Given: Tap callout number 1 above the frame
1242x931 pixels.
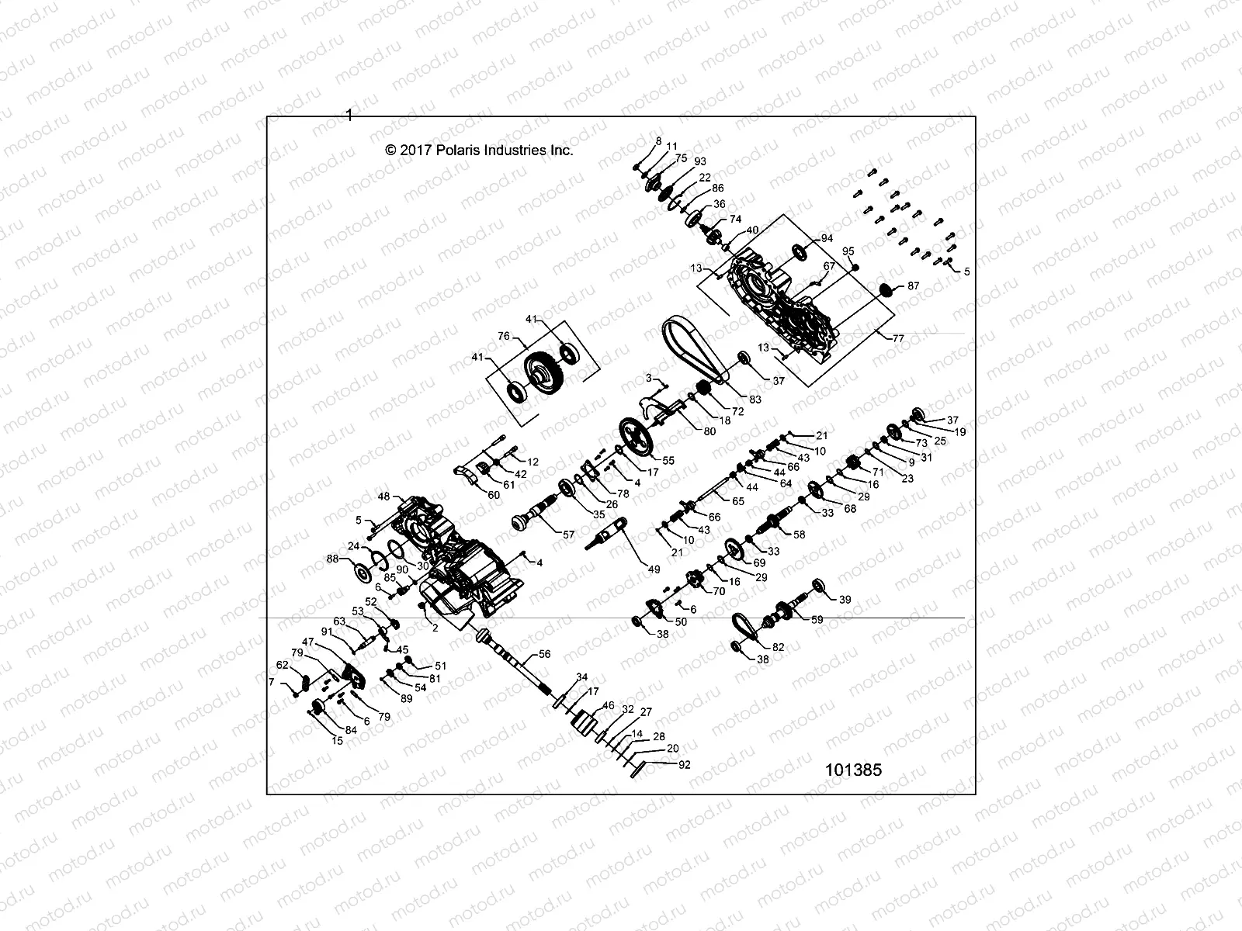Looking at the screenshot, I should [349, 115].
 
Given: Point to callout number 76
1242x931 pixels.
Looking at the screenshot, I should [503, 336].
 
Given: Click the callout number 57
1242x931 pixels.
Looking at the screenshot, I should [569, 535].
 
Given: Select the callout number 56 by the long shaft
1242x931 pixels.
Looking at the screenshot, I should [544, 655].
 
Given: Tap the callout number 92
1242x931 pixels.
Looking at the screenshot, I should [684, 764].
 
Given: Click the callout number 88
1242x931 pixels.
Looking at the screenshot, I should [332, 559].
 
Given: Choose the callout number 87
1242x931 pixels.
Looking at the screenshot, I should [913, 286].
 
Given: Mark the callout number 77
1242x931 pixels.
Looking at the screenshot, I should [899, 338].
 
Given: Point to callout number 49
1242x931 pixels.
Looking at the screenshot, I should [654, 569].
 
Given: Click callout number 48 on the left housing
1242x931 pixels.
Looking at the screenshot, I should [383, 497].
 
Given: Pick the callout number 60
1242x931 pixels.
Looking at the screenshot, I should [494, 494].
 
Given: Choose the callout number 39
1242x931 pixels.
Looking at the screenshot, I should [845, 599].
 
